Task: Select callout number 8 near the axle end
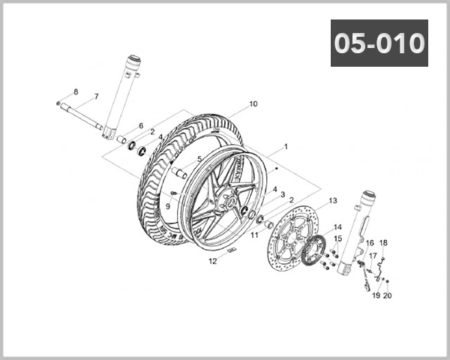[75, 91]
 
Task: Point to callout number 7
[95, 97]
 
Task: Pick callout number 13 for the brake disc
[333, 201]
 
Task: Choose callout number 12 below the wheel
[212, 262]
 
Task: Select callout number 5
[199, 159]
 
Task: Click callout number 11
[254, 235]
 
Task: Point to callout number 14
[337, 226]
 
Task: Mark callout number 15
[337, 238]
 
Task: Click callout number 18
[382, 243]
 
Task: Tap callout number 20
[388, 295]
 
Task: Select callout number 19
[376, 295]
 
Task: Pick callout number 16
[369, 244]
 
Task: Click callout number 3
[283, 194]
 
